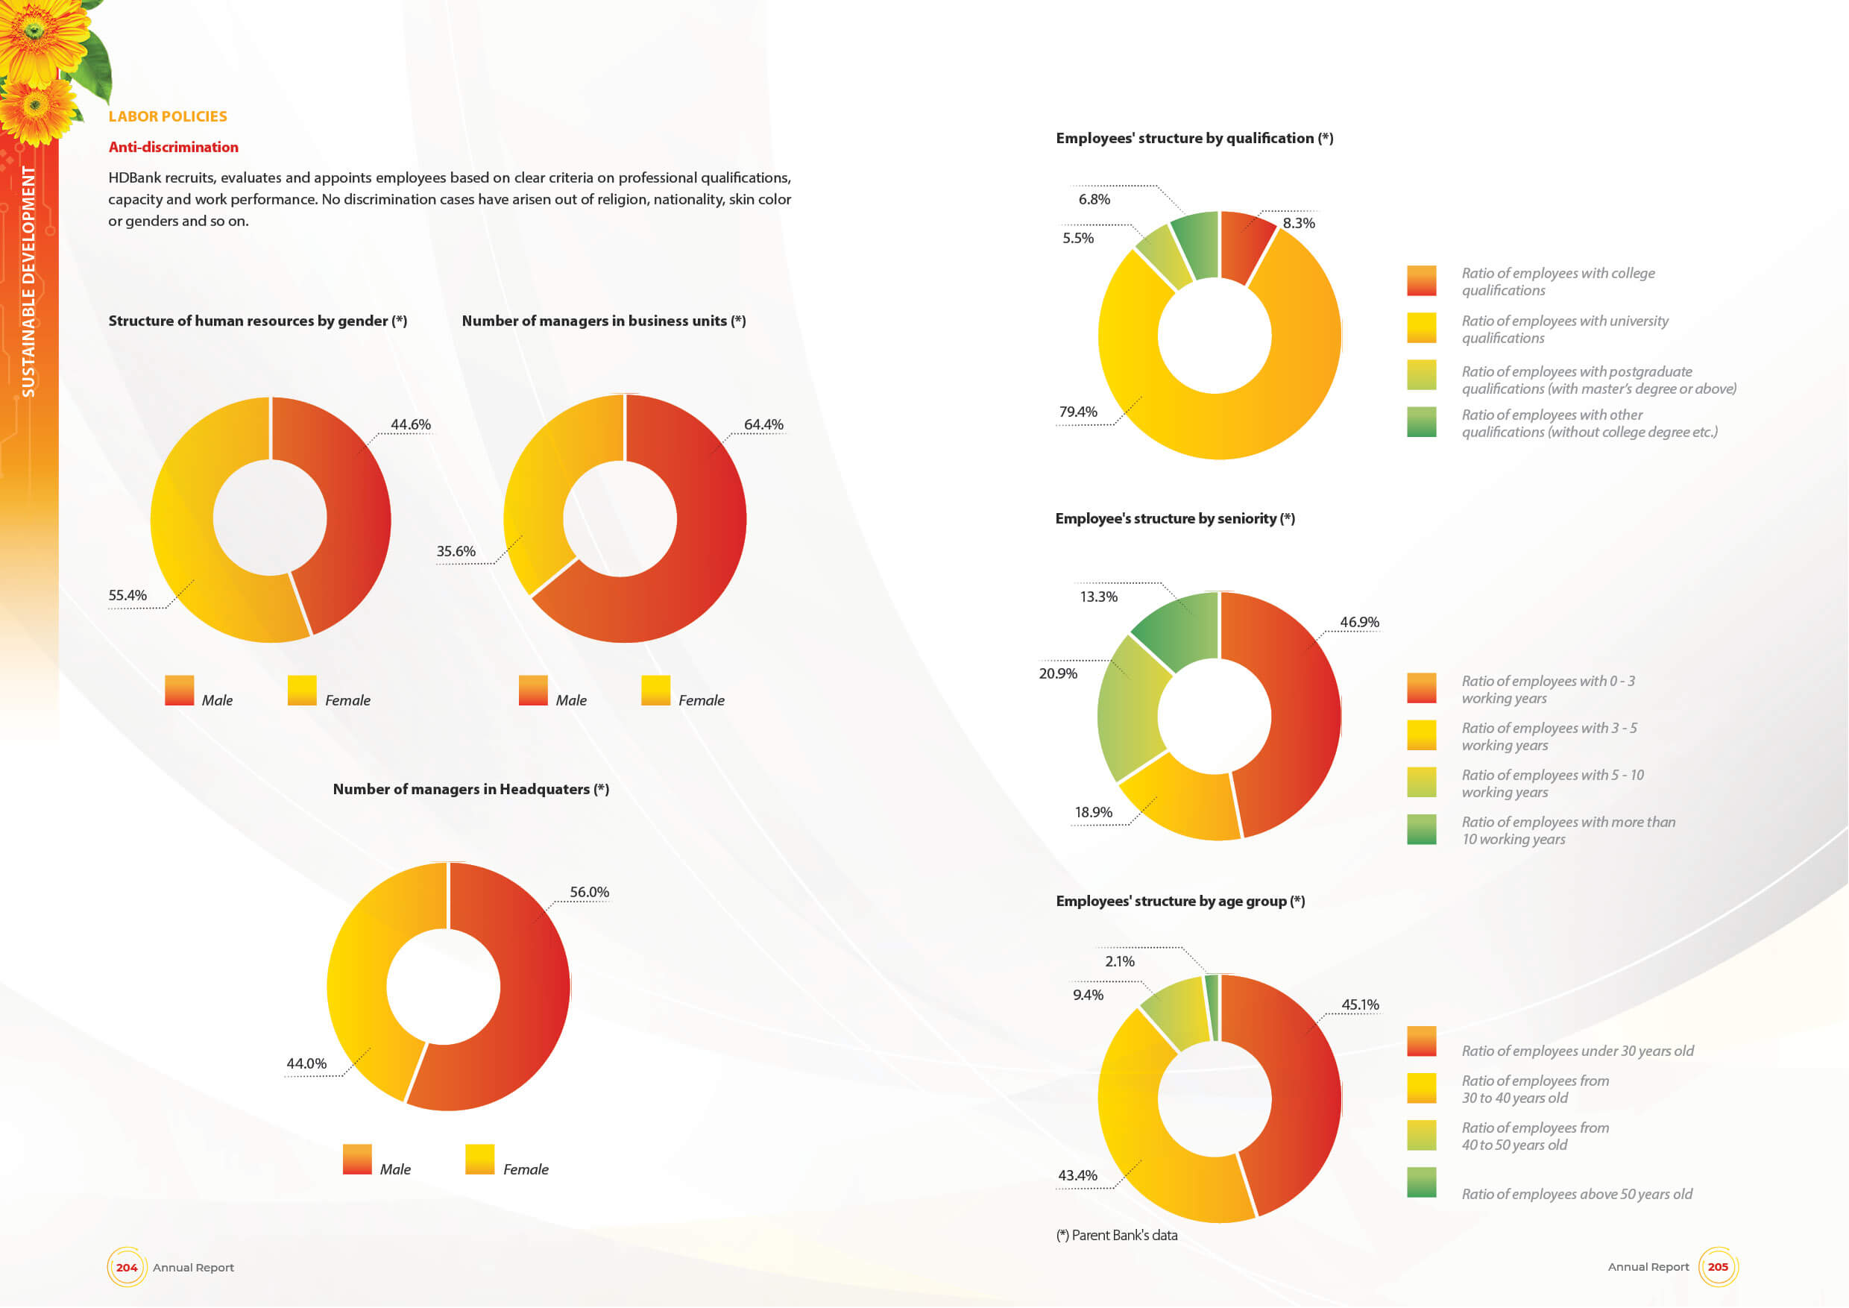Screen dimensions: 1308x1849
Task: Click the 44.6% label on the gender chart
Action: [x=410, y=424]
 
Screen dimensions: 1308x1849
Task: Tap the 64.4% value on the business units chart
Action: [x=763, y=424]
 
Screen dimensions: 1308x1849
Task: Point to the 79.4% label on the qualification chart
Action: [x=1077, y=412]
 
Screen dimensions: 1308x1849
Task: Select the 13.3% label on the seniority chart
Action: [x=1097, y=597]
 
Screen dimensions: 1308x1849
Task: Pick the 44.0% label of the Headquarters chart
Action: [x=306, y=1063]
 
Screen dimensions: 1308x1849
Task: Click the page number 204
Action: [x=127, y=1267]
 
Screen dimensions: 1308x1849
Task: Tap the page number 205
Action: [x=1717, y=1266]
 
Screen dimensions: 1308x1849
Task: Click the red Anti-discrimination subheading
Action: [x=173, y=147]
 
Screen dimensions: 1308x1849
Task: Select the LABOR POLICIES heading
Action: [x=168, y=116]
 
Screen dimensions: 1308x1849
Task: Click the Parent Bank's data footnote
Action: [x=1116, y=1235]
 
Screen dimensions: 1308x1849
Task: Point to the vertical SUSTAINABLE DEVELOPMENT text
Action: [x=28, y=281]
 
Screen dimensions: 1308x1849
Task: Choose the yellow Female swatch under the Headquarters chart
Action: [x=479, y=1159]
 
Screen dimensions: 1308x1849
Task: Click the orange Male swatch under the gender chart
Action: [x=179, y=691]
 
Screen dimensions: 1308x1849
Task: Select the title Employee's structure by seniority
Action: [x=1174, y=519]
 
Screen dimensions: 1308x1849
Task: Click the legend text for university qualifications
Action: [x=1564, y=330]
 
